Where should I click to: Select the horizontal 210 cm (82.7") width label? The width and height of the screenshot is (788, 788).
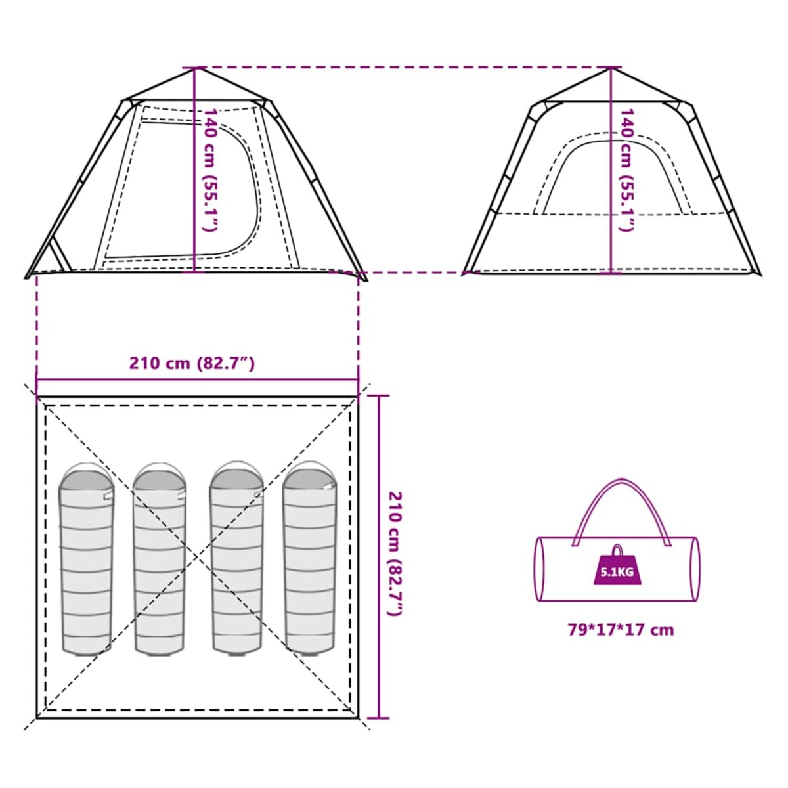pos(192,363)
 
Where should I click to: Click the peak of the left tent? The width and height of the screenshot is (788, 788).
pos(196,68)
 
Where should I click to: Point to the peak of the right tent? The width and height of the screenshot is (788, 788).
pos(611,68)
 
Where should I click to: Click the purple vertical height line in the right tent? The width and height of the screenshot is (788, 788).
pos(611,170)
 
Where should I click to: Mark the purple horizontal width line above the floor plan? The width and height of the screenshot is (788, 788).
pos(198,380)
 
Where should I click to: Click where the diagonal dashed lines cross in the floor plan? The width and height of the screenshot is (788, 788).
pos(198,557)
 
